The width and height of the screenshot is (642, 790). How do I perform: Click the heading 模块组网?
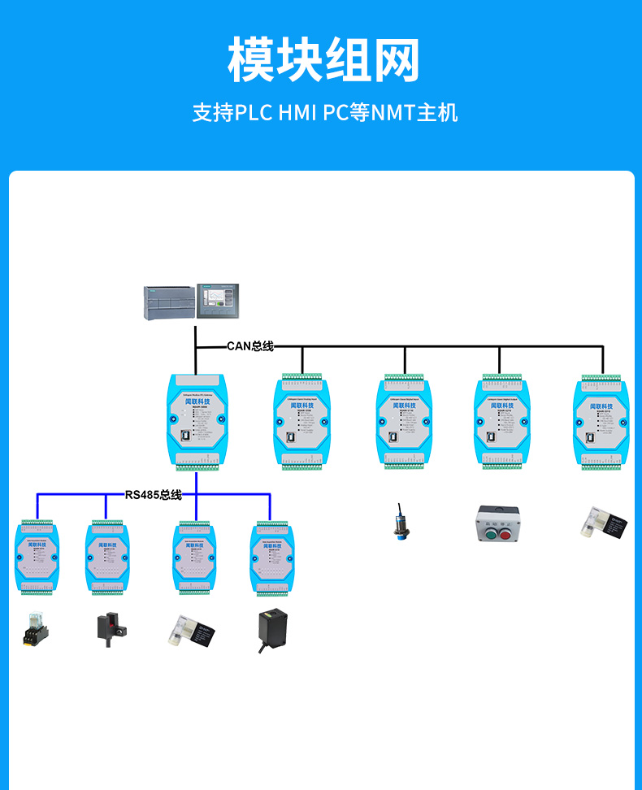323,60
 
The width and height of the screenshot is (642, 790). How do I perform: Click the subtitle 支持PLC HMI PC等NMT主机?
324,112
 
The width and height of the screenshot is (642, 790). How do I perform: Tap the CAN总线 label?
249,346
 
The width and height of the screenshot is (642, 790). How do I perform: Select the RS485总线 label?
153,494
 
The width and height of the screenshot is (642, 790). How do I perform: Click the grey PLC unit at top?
169,303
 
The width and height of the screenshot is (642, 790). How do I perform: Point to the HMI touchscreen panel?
219,301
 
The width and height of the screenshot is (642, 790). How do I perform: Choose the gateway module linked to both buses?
196,420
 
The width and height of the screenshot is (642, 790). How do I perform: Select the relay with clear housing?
34,630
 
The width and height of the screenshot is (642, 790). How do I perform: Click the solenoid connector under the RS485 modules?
191,632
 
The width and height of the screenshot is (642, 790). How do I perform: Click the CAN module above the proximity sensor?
403,421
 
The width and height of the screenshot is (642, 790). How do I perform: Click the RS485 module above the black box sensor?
271,558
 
